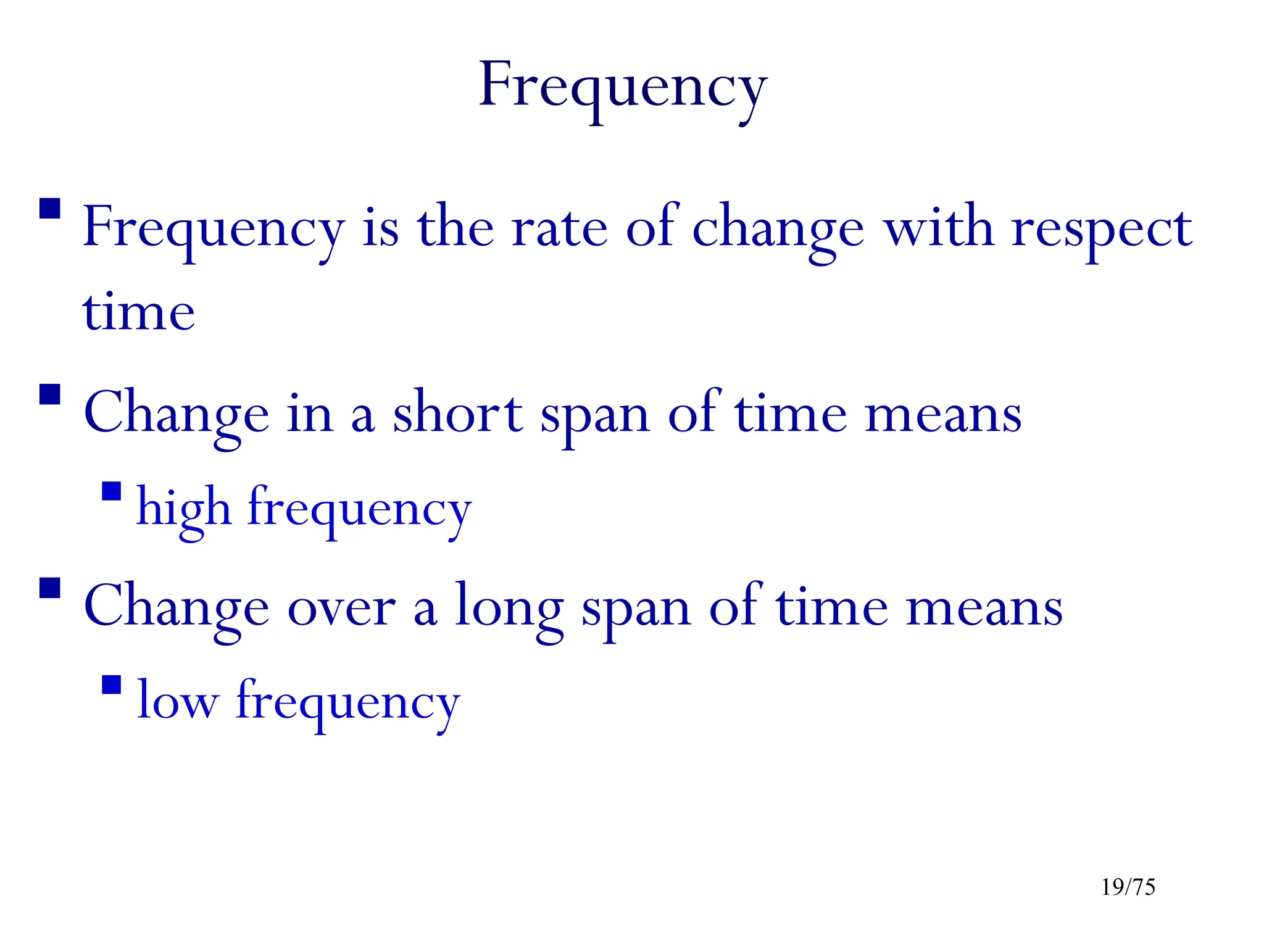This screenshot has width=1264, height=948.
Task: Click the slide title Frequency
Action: pos(623,86)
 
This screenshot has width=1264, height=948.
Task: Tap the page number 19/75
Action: pos(1128,888)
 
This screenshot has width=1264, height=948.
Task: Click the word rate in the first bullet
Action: pos(559,228)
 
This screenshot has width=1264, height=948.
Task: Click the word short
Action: pos(457,414)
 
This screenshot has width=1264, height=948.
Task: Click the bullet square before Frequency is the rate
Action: pos(50,209)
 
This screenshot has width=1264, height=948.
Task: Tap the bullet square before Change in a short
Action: pos(50,394)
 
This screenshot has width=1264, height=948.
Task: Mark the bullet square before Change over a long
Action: pos(50,588)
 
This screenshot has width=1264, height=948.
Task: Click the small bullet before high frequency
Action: pos(112,491)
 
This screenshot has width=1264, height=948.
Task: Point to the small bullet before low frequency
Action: pos(112,685)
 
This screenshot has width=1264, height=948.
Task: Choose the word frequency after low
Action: pos(348,704)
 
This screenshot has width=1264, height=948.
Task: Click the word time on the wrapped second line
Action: pos(139,312)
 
